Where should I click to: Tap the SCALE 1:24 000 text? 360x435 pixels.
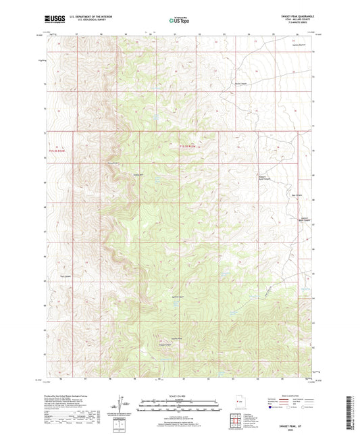tap(179, 396)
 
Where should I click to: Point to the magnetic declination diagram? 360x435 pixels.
tap(122, 407)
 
